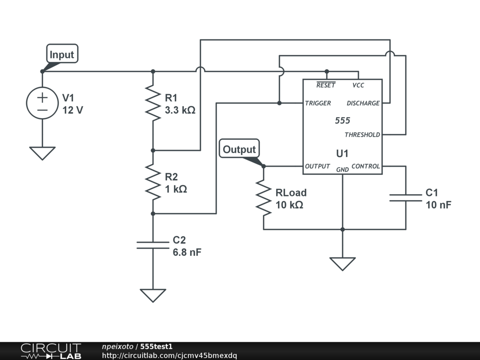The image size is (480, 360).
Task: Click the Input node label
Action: [x=62, y=54]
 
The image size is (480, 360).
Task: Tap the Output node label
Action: [x=239, y=150]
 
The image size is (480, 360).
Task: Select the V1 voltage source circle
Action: [x=42, y=104]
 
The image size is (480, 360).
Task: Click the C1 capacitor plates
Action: [x=406, y=197]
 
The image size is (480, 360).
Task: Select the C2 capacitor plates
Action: [x=153, y=245]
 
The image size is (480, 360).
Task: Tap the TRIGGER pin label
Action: [x=318, y=103]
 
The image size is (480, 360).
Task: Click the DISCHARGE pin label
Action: [x=363, y=103]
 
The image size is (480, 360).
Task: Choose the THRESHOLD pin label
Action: [x=362, y=135]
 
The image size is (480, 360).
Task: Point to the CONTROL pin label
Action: [x=366, y=166]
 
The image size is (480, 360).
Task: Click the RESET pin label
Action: [x=326, y=85]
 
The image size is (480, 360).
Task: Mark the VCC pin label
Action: [x=358, y=85]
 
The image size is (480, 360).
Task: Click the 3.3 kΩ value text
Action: [x=180, y=111]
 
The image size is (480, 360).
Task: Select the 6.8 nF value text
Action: [x=187, y=253]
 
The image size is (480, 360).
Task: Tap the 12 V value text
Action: [x=73, y=111]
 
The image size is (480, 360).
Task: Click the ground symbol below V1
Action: [x=42, y=153]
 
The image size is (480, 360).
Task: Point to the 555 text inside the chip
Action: [x=342, y=120]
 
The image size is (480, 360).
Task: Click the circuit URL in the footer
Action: [x=169, y=355]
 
